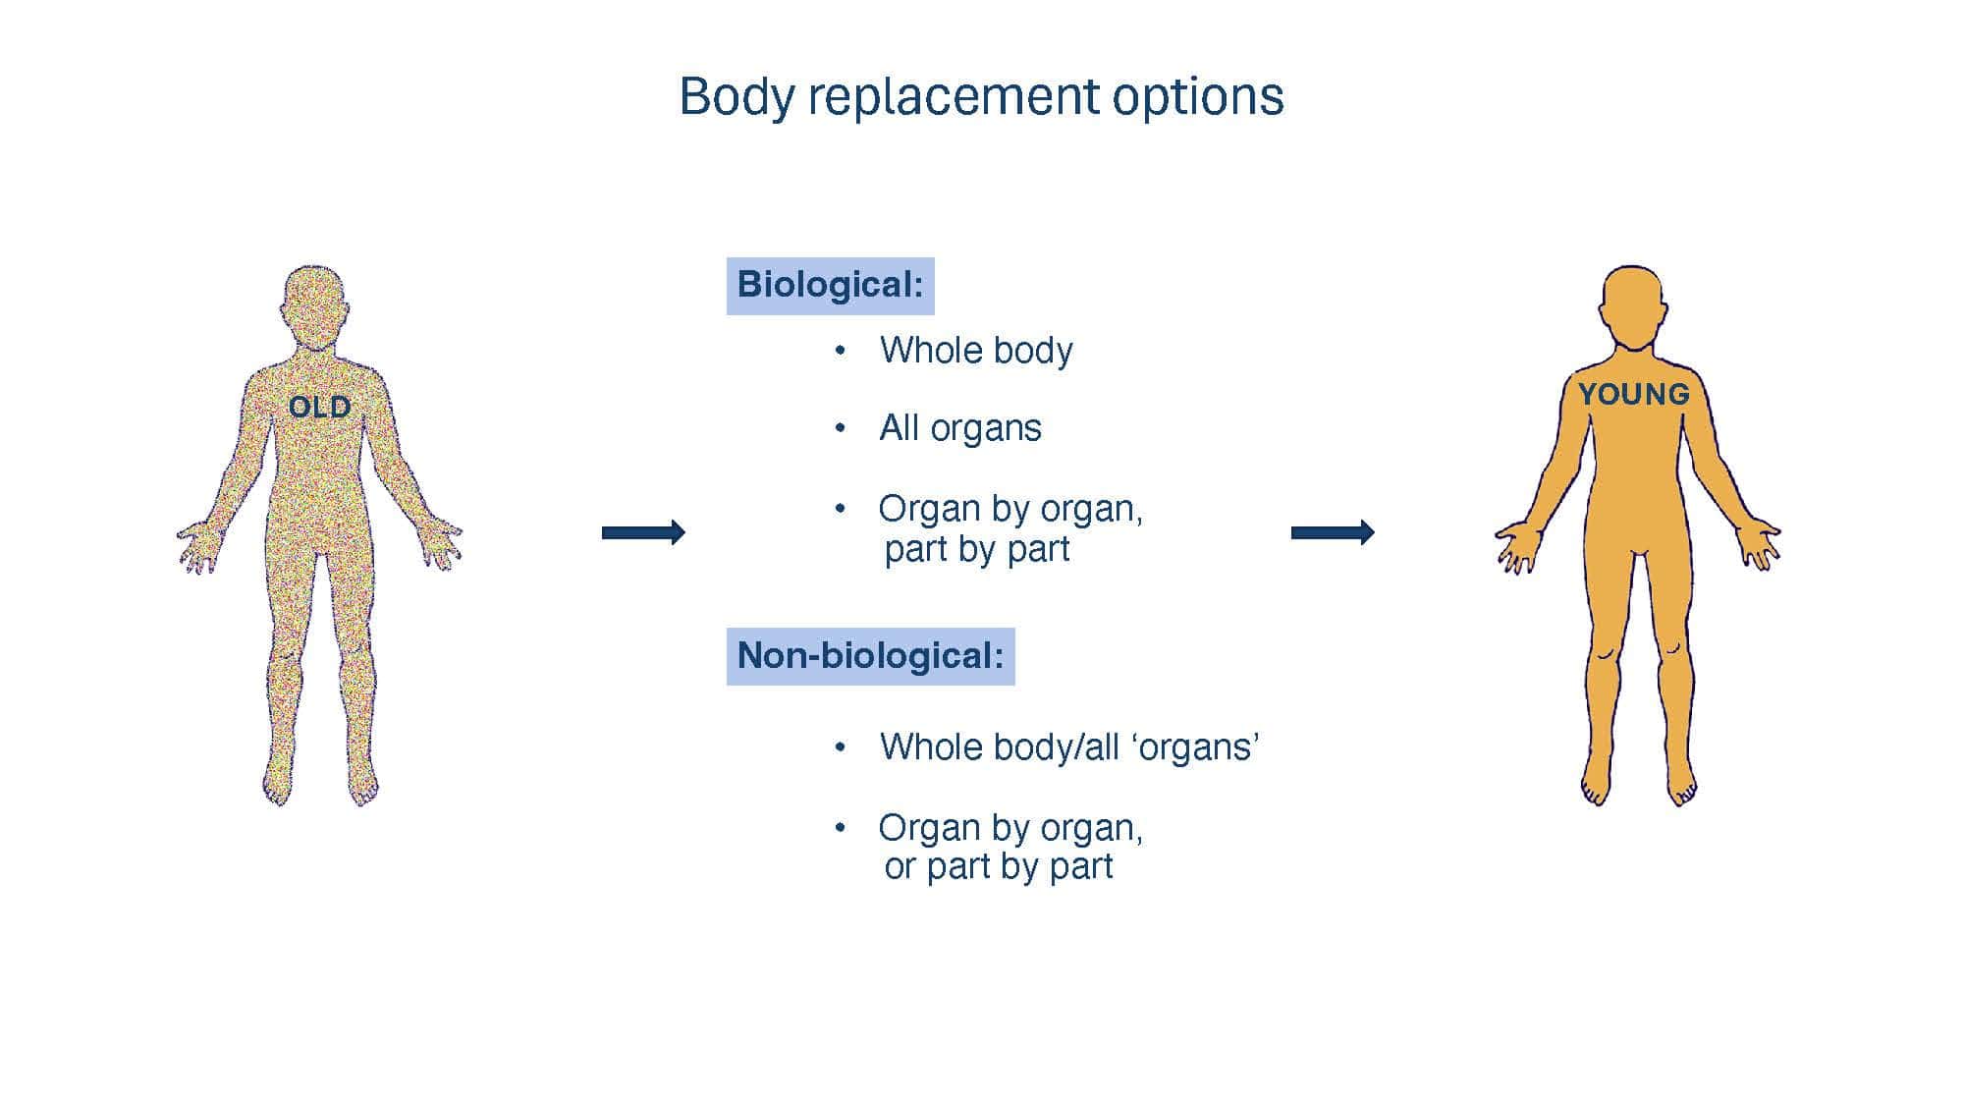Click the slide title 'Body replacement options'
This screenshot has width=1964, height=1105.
point(981,97)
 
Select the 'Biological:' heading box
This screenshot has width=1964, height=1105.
point(831,286)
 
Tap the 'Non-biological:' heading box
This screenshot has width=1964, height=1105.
point(871,656)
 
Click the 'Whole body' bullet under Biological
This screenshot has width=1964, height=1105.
point(976,351)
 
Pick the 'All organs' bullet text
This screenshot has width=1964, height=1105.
point(960,428)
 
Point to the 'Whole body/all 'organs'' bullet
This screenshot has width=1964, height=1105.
point(1069,747)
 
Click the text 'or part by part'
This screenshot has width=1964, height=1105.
point(999,866)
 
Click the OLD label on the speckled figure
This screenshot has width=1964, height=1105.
point(319,407)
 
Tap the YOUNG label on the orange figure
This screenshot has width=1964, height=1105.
point(1634,394)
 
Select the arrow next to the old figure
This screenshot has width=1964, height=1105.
point(643,532)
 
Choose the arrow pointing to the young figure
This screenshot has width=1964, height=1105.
point(1333,532)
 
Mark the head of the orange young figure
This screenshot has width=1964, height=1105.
point(1633,306)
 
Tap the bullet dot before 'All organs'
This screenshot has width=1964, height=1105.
point(840,428)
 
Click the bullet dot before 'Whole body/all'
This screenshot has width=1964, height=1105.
point(840,747)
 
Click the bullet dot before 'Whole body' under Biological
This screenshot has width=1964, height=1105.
point(840,351)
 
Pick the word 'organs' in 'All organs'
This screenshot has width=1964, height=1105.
point(986,430)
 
